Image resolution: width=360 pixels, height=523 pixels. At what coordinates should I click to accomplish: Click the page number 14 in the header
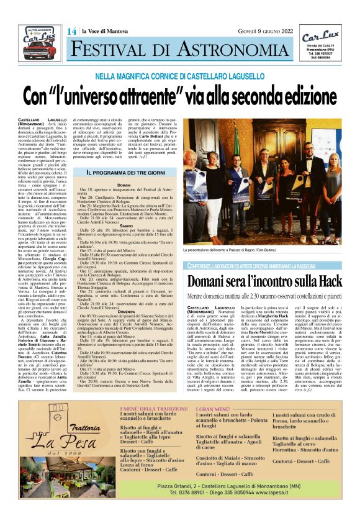[x=73, y=31]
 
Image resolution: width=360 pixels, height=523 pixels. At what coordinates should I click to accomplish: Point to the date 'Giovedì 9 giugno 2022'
[x=266, y=31]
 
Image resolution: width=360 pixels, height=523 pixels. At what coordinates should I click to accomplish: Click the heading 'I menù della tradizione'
[x=154, y=408]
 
